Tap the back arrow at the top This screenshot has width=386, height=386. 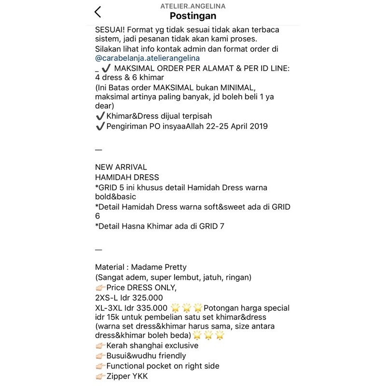(x=98, y=12)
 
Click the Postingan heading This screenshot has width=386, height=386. (x=193, y=16)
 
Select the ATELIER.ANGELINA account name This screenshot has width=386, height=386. (x=193, y=6)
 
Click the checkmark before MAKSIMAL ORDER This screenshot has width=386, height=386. (x=107, y=69)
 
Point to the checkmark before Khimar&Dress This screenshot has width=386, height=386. (x=100, y=116)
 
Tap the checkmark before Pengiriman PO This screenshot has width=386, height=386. (x=100, y=126)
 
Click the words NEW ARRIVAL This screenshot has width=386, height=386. (x=121, y=167)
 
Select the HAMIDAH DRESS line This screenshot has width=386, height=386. (x=127, y=178)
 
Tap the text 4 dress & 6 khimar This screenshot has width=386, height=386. (x=130, y=78)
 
